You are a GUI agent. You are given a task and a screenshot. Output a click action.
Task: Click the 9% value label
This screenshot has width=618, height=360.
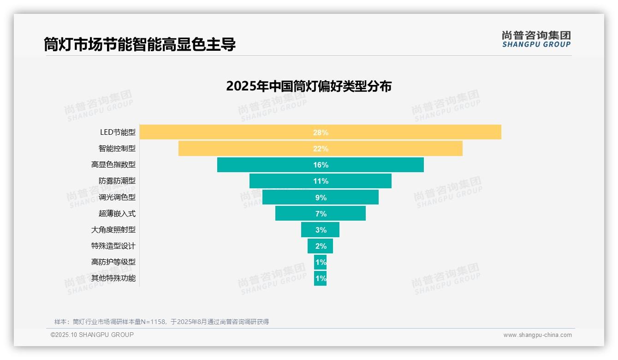point(321,198)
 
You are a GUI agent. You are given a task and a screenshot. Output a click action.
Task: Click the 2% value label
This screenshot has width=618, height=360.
point(321,246)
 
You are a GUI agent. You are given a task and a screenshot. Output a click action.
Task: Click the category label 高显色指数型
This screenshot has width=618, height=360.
point(113,165)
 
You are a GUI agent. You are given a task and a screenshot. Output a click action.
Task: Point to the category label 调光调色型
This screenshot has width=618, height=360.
point(117,197)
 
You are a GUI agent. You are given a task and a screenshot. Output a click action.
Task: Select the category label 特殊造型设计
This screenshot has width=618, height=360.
point(113,246)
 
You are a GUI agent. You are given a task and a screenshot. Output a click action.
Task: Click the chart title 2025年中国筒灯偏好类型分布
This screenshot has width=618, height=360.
point(309,86)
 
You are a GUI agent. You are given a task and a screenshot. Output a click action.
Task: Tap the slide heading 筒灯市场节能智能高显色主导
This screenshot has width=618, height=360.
point(140,44)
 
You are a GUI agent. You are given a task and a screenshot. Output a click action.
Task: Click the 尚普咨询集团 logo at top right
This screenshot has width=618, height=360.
point(536,39)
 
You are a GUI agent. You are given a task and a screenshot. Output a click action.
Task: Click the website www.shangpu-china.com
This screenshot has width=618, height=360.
point(537,335)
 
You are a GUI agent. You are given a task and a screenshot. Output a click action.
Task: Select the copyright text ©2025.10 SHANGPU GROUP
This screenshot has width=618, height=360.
point(92,335)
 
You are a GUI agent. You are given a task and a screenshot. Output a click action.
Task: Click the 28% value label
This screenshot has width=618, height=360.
point(321,132)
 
